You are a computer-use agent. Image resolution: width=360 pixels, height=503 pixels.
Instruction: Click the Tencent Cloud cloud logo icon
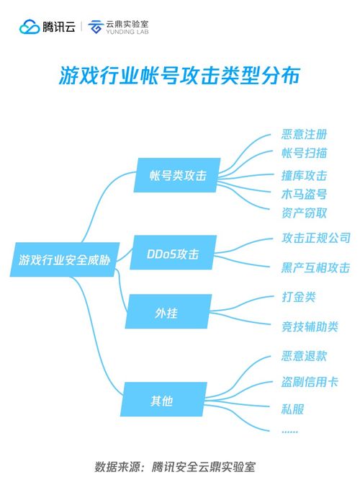(30, 27)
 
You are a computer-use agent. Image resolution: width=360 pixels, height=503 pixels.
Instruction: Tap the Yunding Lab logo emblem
(96, 27)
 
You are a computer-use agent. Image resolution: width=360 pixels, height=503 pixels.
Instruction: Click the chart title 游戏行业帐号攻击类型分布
(179, 76)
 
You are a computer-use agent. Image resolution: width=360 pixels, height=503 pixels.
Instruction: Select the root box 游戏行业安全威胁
(65, 259)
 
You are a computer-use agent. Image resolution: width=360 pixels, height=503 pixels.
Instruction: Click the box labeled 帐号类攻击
(177, 175)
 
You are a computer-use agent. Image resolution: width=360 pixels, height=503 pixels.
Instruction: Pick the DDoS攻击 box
(173, 252)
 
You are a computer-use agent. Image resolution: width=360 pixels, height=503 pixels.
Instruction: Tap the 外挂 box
(168, 311)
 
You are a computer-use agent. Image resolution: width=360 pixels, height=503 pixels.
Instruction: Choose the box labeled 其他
(163, 399)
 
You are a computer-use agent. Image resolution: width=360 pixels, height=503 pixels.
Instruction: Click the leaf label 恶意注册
(304, 134)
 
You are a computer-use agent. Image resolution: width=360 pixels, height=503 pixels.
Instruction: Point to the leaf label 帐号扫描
(304, 153)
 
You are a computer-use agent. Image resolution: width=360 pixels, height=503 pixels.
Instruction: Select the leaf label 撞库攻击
(304, 175)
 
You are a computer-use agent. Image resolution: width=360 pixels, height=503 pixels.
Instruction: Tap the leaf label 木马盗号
(304, 194)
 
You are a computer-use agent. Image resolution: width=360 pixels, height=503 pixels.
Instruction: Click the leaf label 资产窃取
(304, 213)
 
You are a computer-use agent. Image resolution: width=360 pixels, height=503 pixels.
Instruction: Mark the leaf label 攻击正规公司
(316, 238)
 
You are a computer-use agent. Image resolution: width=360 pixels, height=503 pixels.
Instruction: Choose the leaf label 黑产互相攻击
(316, 267)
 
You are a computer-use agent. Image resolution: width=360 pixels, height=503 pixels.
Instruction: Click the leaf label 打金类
(299, 297)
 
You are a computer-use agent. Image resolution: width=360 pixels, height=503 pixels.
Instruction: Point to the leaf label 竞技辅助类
(310, 326)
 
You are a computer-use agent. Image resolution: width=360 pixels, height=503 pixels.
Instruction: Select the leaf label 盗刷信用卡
(310, 382)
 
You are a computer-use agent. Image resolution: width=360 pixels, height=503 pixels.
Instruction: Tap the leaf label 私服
(292, 409)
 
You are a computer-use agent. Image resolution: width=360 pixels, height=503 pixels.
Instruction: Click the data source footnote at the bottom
(175, 467)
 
